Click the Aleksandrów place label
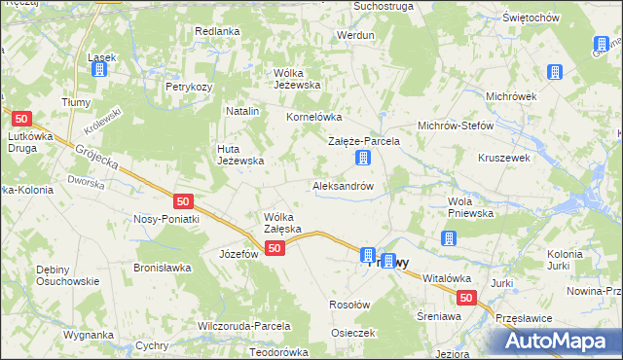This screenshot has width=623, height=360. (343, 185)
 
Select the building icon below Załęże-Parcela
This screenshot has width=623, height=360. (363, 158)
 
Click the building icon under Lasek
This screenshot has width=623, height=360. (101, 71)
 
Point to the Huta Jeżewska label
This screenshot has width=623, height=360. (239, 154)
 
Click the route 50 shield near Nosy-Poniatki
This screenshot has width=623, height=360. (184, 201)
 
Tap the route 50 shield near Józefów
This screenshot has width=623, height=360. (275, 249)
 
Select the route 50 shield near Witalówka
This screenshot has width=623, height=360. (467, 299)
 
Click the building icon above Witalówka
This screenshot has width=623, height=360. (448, 238)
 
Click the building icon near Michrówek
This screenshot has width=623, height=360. (555, 72)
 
